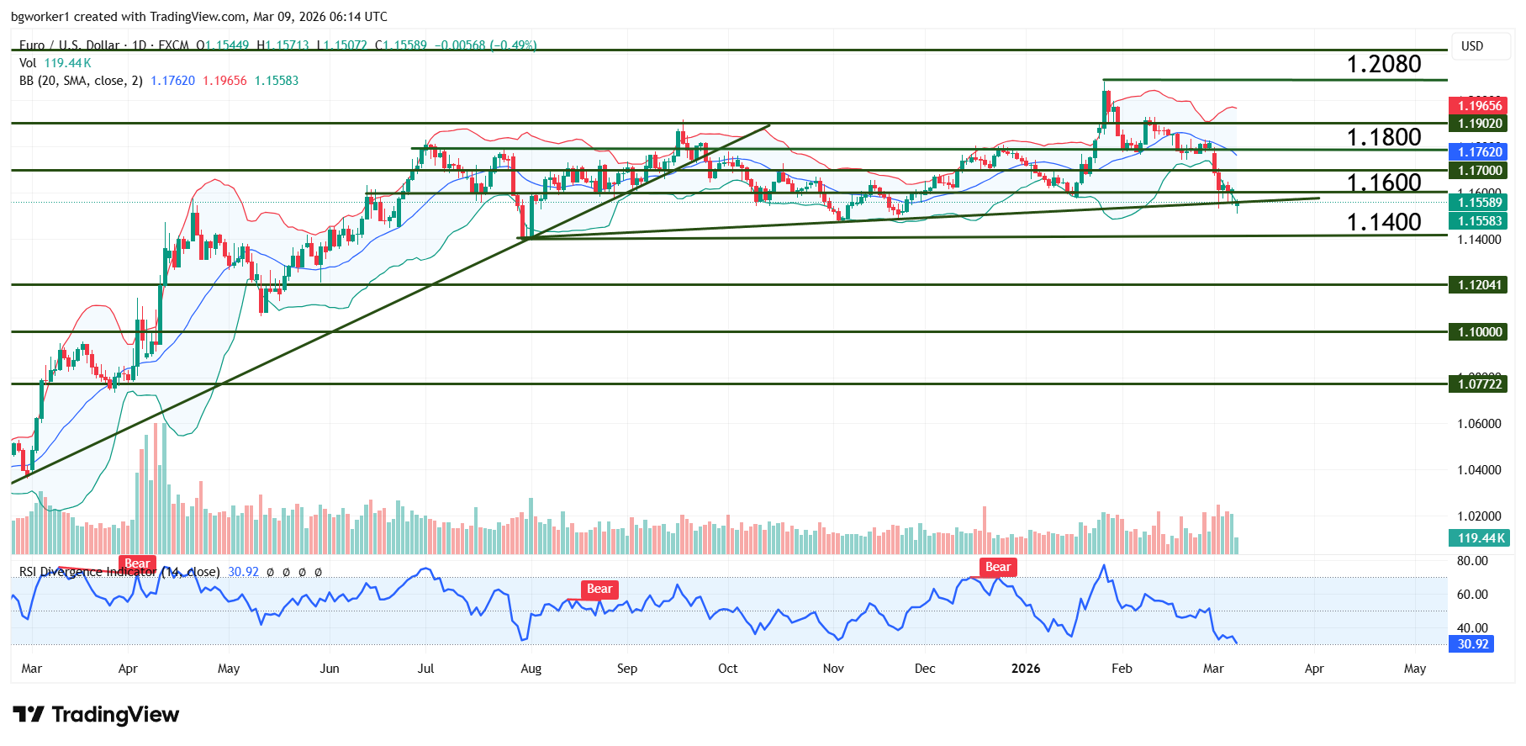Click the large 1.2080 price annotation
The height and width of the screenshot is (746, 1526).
1383,64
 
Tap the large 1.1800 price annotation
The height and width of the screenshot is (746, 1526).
1383,137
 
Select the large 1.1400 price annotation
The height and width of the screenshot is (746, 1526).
1383,222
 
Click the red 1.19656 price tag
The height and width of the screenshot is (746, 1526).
1479,106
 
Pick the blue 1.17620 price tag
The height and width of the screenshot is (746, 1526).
1479,152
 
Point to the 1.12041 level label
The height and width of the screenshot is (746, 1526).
1479,285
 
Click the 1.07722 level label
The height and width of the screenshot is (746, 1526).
1479,384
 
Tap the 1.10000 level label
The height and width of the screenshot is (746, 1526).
1479,332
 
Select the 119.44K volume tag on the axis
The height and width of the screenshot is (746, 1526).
1479,538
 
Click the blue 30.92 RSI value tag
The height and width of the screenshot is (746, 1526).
1472,644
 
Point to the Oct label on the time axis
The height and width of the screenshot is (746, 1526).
727,669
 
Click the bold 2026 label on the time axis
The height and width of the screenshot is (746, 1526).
1025,669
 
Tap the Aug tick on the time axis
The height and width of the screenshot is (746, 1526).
531,669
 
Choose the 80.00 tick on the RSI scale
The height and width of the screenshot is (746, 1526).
1472,561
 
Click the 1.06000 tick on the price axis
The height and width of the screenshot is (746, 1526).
1479,424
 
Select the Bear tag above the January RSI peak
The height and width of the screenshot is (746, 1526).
997,567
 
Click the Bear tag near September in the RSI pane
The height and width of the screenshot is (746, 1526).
599,589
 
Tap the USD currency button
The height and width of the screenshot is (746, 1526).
1471,46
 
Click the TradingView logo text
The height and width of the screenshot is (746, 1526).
115,715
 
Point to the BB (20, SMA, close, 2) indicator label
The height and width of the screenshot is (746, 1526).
81,81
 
